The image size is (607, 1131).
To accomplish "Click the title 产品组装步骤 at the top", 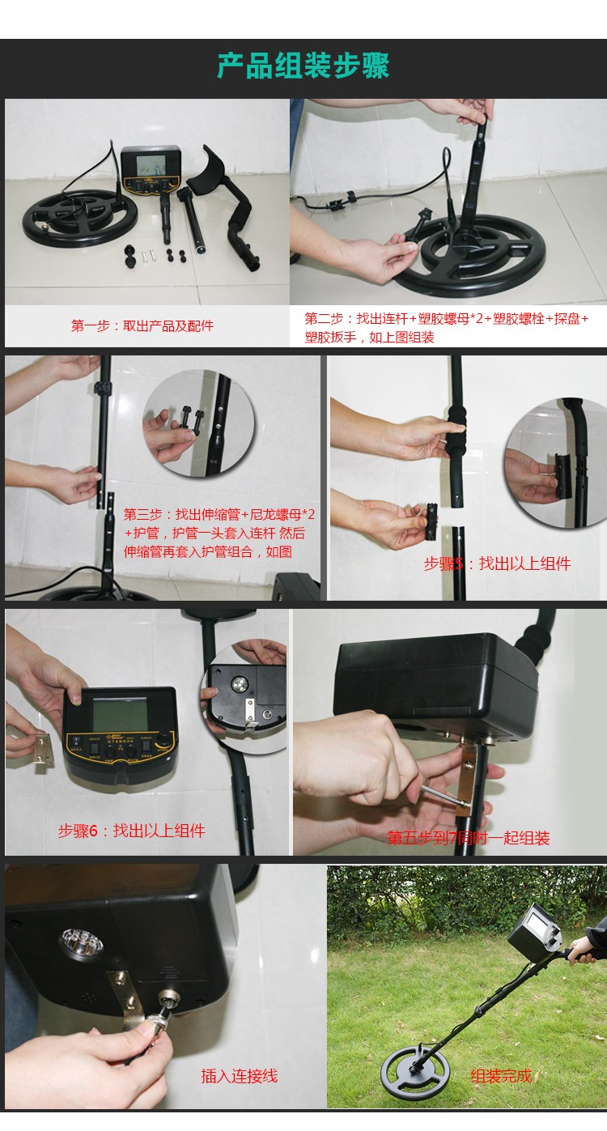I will click(303, 67).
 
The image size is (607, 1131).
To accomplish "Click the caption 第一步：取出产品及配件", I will click(142, 326).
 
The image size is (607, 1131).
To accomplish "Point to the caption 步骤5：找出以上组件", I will click(497, 563).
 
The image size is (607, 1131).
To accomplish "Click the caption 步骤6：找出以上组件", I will click(131, 831).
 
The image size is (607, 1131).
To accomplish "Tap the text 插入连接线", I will click(239, 1076).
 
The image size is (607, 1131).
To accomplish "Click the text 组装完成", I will click(501, 1076).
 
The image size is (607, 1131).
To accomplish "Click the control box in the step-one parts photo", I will click(151, 171).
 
